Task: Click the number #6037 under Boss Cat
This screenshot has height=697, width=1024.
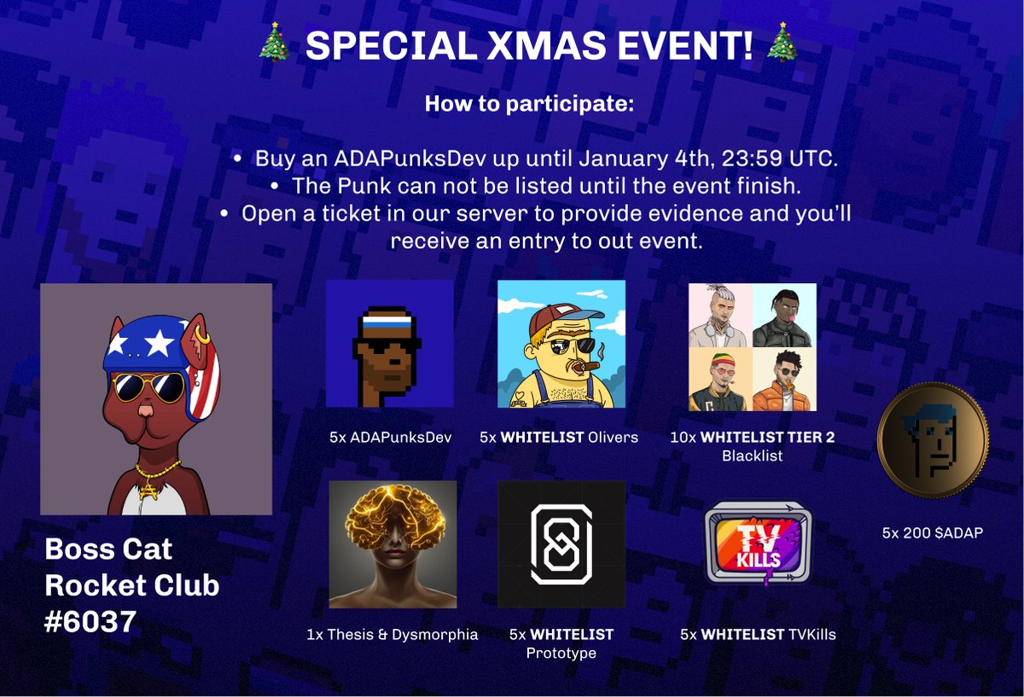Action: pos(90,621)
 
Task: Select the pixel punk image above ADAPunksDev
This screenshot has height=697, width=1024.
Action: pos(389,344)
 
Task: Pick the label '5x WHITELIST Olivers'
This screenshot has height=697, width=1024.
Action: pos(558,438)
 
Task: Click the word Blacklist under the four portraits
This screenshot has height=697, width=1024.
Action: pos(752,456)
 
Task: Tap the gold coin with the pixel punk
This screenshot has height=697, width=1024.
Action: pos(933,441)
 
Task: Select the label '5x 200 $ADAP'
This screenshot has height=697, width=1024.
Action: pos(933,532)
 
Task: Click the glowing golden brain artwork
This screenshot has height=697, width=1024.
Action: pos(392,544)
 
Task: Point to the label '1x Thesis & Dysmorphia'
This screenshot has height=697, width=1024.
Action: pos(392,634)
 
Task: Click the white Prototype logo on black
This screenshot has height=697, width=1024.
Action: pos(561,544)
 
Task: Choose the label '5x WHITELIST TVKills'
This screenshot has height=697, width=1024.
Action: pos(757,634)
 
